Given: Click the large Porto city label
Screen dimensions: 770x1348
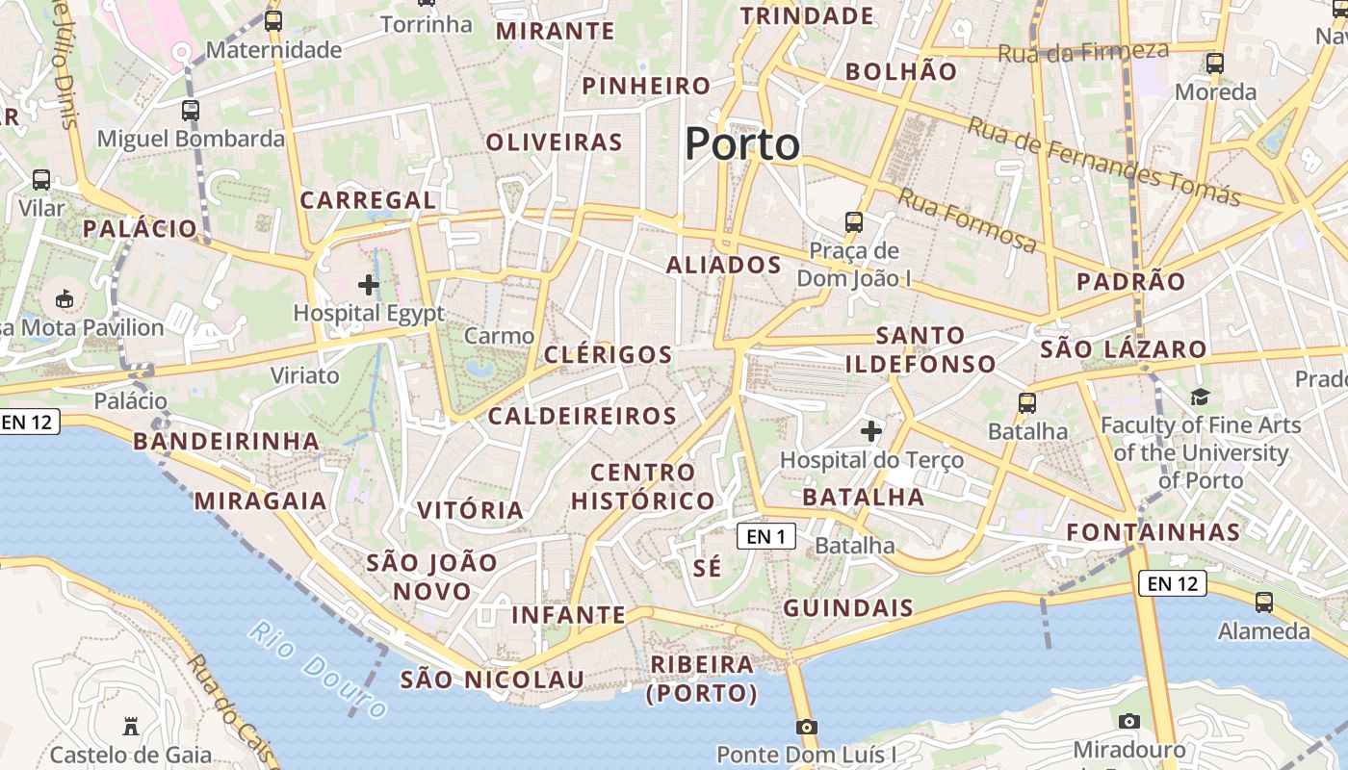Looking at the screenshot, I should (x=742, y=144).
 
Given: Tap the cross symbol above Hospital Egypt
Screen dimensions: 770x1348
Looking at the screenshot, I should (x=368, y=285).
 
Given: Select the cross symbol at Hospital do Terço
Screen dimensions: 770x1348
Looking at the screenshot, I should (x=871, y=431).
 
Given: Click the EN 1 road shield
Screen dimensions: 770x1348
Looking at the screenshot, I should (x=766, y=536).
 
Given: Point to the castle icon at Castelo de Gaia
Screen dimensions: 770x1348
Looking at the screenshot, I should (x=130, y=726).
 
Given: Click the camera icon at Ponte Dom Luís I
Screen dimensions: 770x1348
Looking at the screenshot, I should (x=807, y=727).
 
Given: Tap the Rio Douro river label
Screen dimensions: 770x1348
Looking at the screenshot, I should (x=319, y=670).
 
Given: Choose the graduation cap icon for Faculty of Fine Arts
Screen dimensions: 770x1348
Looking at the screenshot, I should (x=1200, y=397).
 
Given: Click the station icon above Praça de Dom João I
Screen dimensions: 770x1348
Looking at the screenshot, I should (x=854, y=222).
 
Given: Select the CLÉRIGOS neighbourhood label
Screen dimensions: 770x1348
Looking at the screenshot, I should (x=609, y=354).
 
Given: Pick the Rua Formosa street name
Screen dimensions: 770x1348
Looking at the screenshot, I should (x=968, y=220).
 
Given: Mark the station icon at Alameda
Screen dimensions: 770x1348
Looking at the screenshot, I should (x=1264, y=603).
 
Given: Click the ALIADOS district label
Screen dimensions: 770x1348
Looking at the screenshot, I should (x=724, y=265).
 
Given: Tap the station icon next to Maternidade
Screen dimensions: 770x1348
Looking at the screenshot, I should (x=273, y=21).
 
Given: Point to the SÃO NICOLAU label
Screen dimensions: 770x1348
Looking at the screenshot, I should (x=492, y=680).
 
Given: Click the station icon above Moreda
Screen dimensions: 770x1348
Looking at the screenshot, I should (x=1215, y=64).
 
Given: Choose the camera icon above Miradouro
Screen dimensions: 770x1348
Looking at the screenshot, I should (x=1129, y=721).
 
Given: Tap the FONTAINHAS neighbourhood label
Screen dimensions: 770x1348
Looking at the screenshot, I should (x=1154, y=532).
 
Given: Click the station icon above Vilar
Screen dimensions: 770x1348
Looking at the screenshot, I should (x=41, y=180).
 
